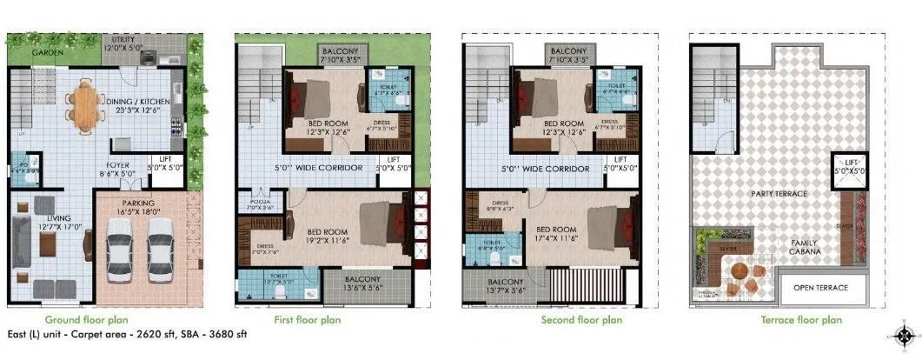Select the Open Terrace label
[x=819, y=288]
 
